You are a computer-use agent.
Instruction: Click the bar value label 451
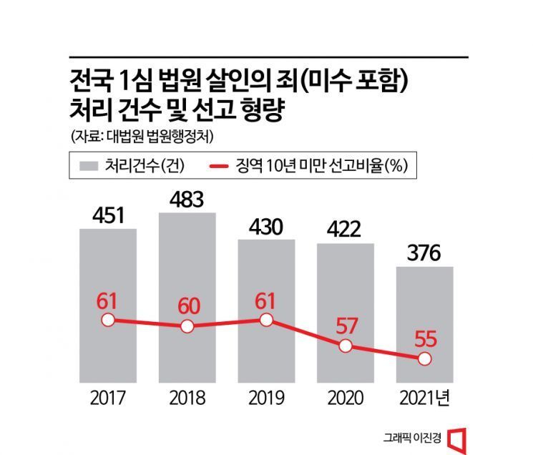tap(107, 215)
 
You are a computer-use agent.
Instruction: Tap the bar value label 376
tap(425, 253)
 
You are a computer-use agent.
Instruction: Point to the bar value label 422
tap(346, 230)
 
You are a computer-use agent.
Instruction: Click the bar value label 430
tap(266, 226)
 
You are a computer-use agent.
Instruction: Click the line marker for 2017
tap(107, 320)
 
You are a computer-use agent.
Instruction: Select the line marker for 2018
tap(187, 326)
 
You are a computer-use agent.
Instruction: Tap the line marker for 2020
tap(346, 346)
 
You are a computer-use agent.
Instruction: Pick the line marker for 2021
tap(425, 358)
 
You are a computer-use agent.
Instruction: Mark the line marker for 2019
tap(266, 319)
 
